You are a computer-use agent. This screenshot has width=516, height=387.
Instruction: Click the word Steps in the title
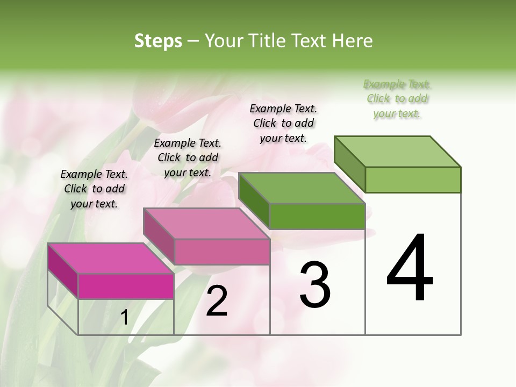(158, 41)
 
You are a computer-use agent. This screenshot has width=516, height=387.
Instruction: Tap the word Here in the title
(353, 41)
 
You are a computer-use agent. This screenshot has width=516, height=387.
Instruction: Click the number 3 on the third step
(315, 285)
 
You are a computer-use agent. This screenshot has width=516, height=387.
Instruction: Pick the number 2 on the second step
(217, 301)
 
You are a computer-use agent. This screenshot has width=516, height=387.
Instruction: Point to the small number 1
(125, 318)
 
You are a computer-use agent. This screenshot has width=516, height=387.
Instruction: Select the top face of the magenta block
(111, 259)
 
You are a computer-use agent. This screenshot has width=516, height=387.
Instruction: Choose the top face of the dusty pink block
(206, 224)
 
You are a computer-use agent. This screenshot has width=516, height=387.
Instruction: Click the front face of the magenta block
(126, 286)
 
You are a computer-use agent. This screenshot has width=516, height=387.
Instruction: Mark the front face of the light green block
(413, 180)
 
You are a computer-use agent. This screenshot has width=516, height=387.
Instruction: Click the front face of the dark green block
(317, 217)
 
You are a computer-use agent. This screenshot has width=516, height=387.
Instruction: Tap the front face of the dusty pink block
(221, 252)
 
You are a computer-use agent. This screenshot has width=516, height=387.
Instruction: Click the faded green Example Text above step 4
(397, 98)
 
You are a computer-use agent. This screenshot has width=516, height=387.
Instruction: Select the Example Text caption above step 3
(283, 123)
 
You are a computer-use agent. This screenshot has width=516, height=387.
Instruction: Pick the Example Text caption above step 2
(188, 157)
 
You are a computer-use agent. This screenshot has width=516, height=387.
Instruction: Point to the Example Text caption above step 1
(94, 189)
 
